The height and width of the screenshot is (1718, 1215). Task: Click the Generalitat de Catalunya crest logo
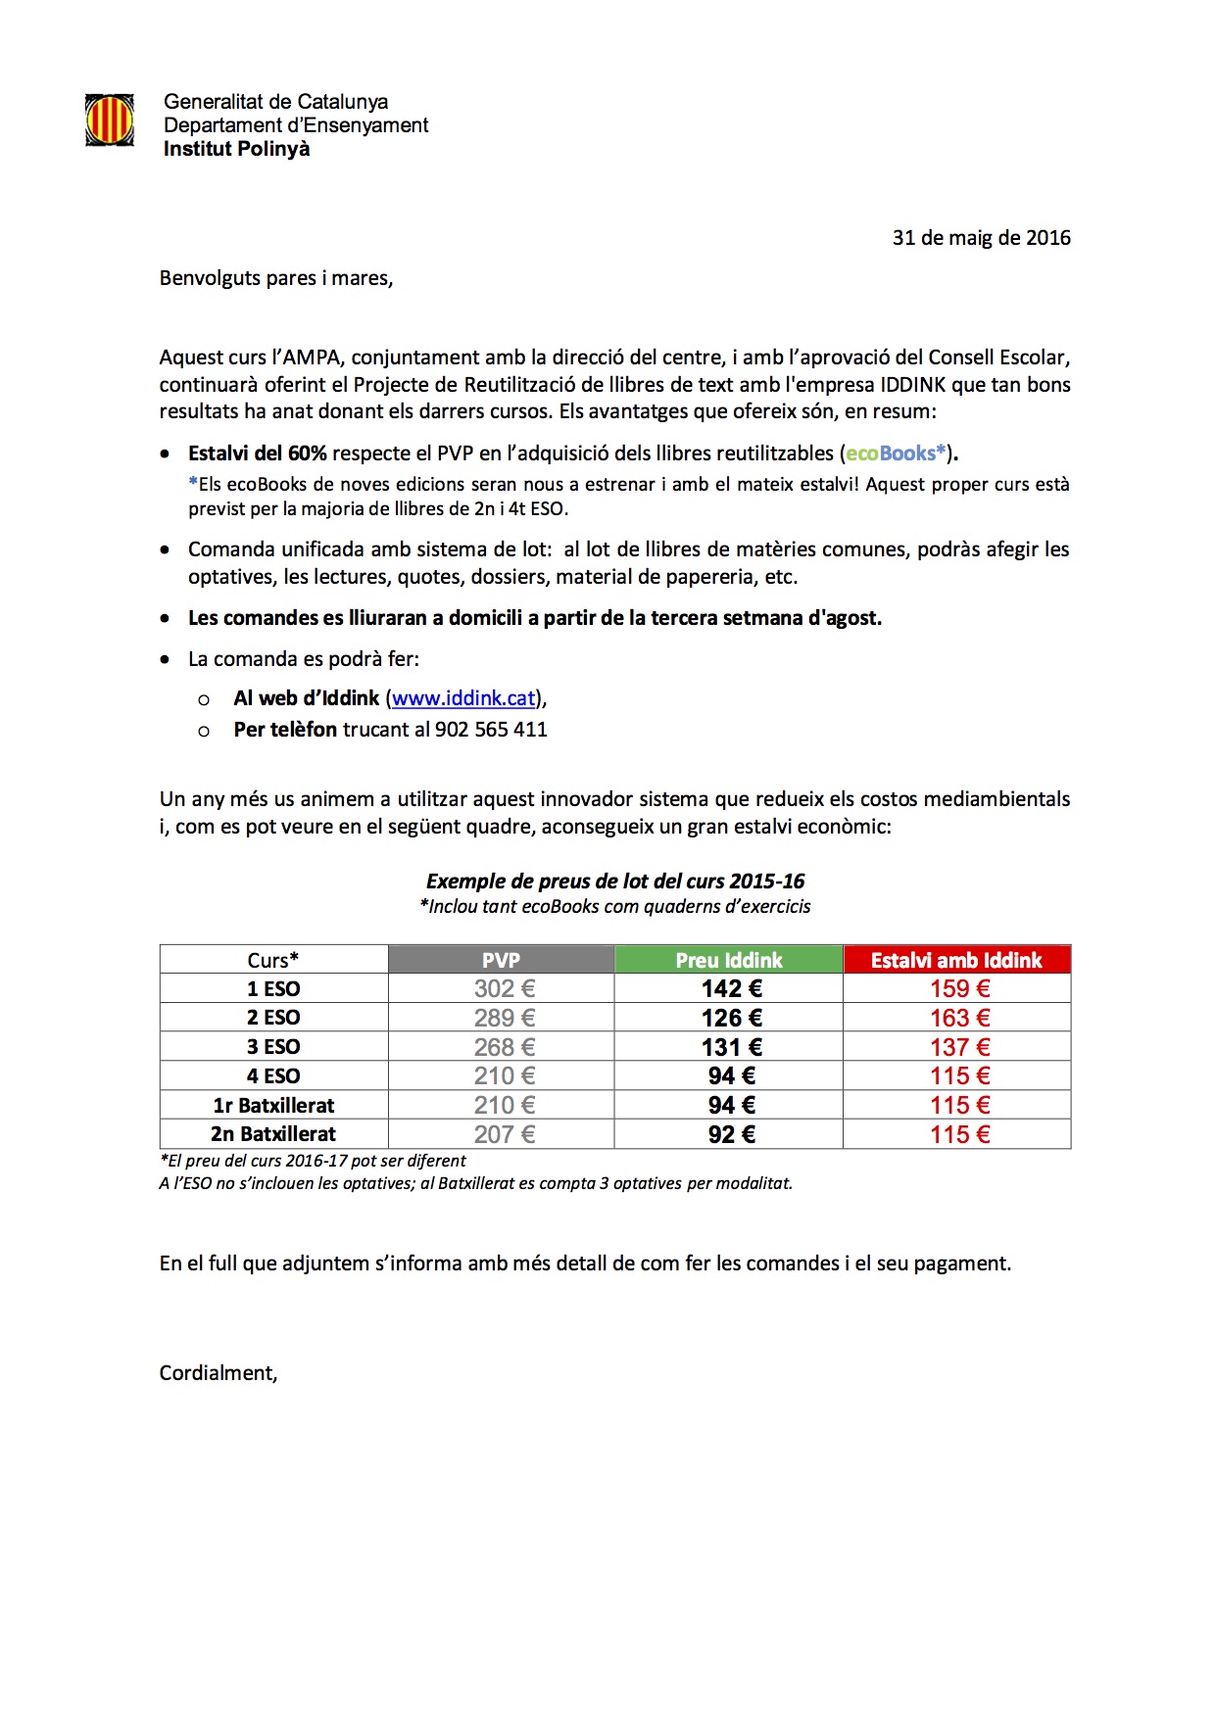pos(110,120)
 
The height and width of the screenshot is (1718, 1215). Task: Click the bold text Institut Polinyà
pos(236,149)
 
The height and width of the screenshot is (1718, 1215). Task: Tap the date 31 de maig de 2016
pos(981,238)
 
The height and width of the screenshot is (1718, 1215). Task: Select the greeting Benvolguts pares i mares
pos(276,278)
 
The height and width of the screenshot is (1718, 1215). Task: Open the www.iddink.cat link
pos(463,698)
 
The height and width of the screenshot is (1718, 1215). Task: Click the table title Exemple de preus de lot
pos(615,882)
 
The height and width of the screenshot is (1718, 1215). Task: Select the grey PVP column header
pos(501,960)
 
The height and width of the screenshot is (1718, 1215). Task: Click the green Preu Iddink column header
pos(729,960)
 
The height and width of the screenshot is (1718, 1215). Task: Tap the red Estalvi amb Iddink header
pos(956,960)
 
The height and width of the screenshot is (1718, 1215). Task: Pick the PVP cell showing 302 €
pos(505,989)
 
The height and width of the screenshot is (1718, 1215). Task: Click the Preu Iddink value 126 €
pos(731,1018)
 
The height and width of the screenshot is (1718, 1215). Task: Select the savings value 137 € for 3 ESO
pos(960,1047)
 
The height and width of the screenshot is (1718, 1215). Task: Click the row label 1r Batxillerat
pos(273,1106)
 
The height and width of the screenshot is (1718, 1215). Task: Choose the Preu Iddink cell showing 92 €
pos(731,1134)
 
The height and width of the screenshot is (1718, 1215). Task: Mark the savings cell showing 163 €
pos(960,1018)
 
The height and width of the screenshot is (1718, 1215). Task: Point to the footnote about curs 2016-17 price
pos(313,1161)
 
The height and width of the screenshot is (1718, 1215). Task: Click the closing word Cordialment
pos(219,1373)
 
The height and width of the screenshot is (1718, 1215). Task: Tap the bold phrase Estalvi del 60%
pos(258,453)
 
